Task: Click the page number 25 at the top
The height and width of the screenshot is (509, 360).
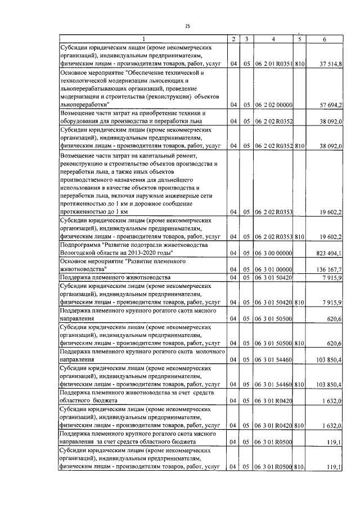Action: pyautogui.click(x=187, y=25)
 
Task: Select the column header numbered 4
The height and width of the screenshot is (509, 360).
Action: pyautogui.click(x=273, y=39)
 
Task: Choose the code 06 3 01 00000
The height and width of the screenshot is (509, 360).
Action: pyautogui.click(x=273, y=269)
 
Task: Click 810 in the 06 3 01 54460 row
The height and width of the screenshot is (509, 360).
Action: pyautogui.click(x=299, y=384)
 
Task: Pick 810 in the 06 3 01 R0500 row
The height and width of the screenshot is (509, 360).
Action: pyautogui.click(x=299, y=466)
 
